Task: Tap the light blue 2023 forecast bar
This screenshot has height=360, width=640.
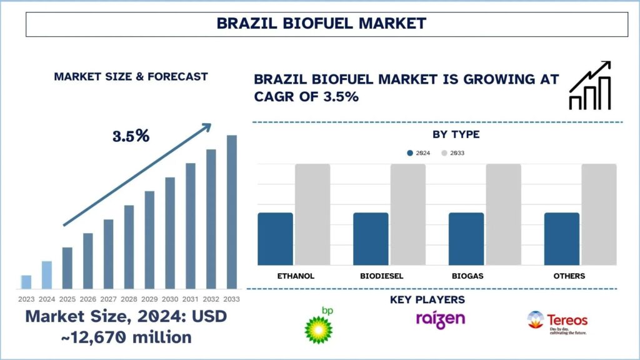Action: pyautogui.click(x=26, y=281)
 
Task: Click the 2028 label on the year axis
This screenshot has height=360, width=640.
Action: pyautogui.click(x=129, y=299)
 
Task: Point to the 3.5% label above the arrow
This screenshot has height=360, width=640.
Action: pyautogui.click(x=131, y=136)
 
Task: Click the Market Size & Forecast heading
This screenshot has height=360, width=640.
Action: pyautogui.click(x=131, y=76)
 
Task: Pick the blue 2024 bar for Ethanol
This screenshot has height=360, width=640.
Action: pyautogui.click(x=276, y=238)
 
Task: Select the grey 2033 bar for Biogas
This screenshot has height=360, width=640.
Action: pyautogui.click(x=503, y=214)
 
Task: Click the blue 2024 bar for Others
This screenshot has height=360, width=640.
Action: pyautogui.click(x=561, y=238)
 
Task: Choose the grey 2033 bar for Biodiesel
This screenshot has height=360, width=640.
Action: pyautogui.click(x=407, y=214)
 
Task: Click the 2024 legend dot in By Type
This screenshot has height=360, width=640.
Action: pyautogui.click(x=410, y=152)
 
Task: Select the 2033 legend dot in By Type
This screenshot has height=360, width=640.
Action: pyautogui.click(x=444, y=152)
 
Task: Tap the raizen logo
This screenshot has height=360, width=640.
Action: pyautogui.click(x=441, y=319)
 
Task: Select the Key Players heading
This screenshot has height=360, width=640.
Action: pyautogui.click(x=427, y=300)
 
